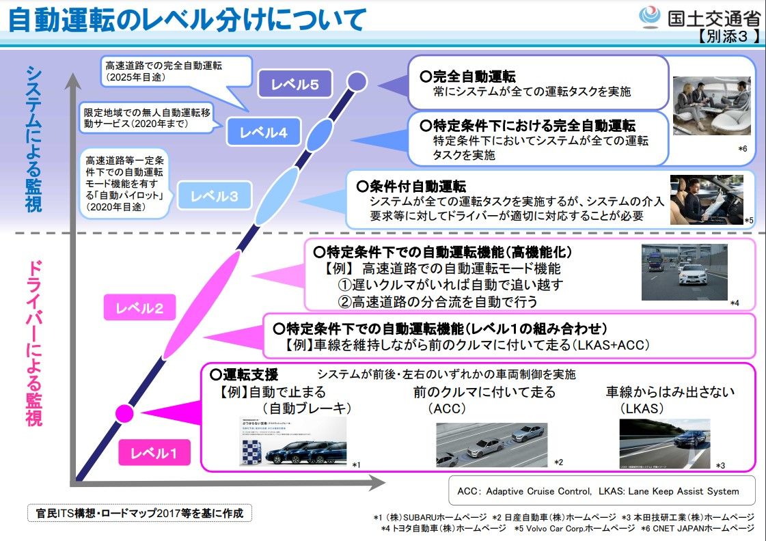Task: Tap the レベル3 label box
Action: click(x=214, y=196)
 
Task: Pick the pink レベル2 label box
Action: click(x=140, y=307)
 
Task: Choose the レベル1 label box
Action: click(x=154, y=452)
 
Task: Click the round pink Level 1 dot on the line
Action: click(x=124, y=413)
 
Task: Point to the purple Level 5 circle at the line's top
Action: click(x=356, y=82)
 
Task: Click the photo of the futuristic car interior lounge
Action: click(x=712, y=105)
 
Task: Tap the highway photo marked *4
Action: click(x=683, y=272)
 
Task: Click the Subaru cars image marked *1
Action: click(x=292, y=441)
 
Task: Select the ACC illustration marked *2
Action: click(x=491, y=444)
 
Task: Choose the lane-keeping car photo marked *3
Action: click(x=664, y=443)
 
